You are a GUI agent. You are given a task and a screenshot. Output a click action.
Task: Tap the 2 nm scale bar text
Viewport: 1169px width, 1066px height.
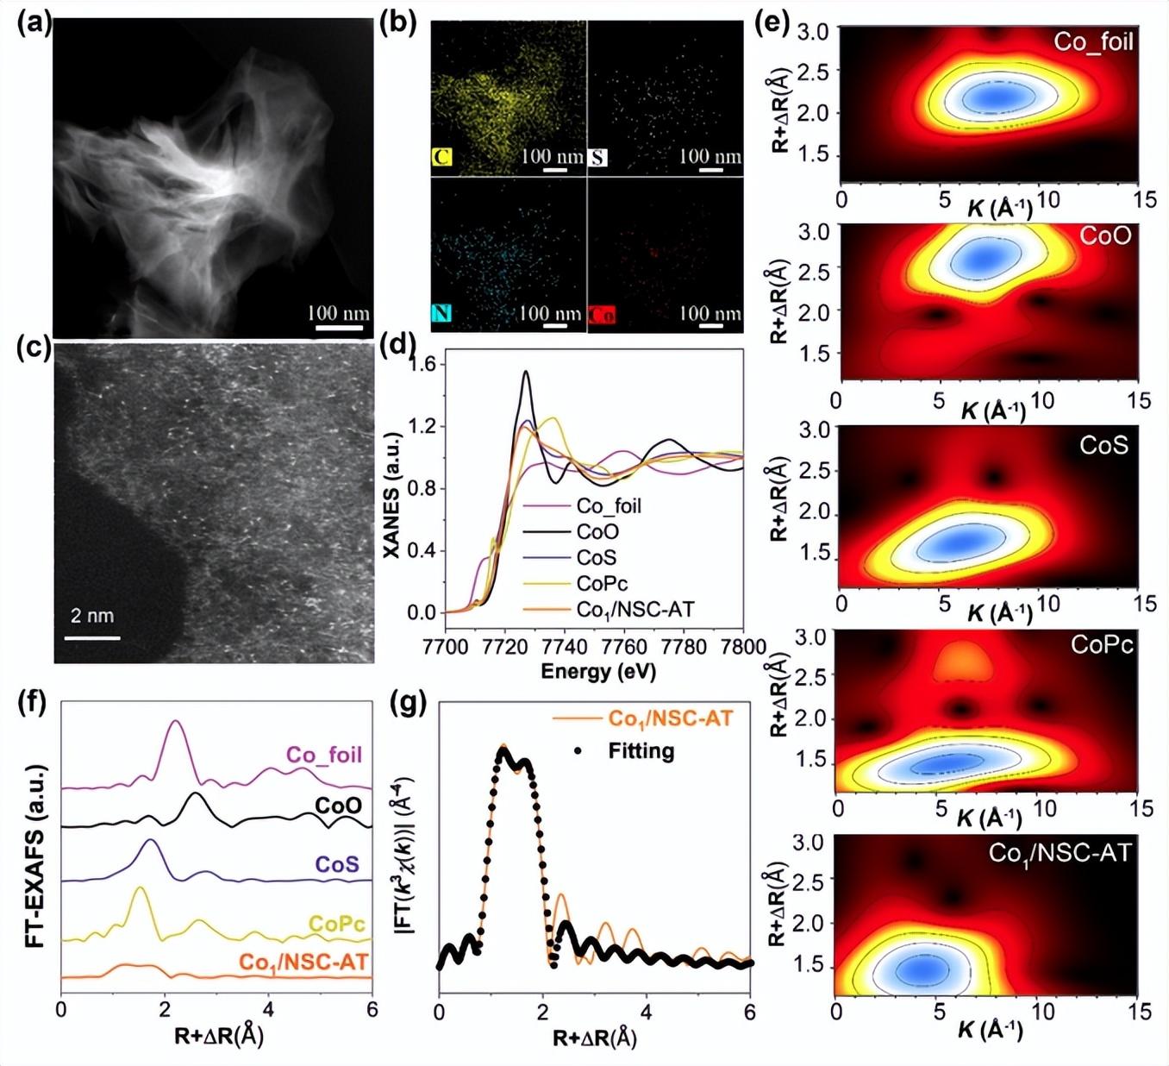[91, 616]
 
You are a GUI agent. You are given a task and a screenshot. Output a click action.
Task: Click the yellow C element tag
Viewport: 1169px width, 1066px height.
[442, 157]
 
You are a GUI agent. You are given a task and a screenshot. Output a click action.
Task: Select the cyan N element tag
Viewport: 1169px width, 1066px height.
[441, 312]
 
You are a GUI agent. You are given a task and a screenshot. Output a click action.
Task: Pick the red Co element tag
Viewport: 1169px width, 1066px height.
[602, 315]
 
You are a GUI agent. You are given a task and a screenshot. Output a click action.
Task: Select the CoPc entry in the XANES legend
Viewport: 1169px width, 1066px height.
[602, 584]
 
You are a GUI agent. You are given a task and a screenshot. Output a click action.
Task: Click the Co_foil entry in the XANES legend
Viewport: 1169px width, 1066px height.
[609, 506]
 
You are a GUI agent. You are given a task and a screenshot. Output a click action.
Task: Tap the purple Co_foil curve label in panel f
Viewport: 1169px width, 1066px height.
[324, 755]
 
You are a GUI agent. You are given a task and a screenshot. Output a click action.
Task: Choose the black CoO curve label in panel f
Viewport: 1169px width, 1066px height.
[338, 806]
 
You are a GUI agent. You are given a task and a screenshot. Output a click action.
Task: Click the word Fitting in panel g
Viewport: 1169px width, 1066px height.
[641, 751]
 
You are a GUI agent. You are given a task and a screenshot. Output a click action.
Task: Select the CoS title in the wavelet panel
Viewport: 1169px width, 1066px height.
[1103, 445]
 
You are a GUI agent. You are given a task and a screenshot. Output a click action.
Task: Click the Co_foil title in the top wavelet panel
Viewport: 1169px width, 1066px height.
[1093, 41]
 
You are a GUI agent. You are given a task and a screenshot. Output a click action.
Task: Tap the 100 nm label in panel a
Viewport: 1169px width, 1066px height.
[338, 312]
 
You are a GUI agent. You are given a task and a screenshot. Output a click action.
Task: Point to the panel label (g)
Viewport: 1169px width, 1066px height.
[409, 705]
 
